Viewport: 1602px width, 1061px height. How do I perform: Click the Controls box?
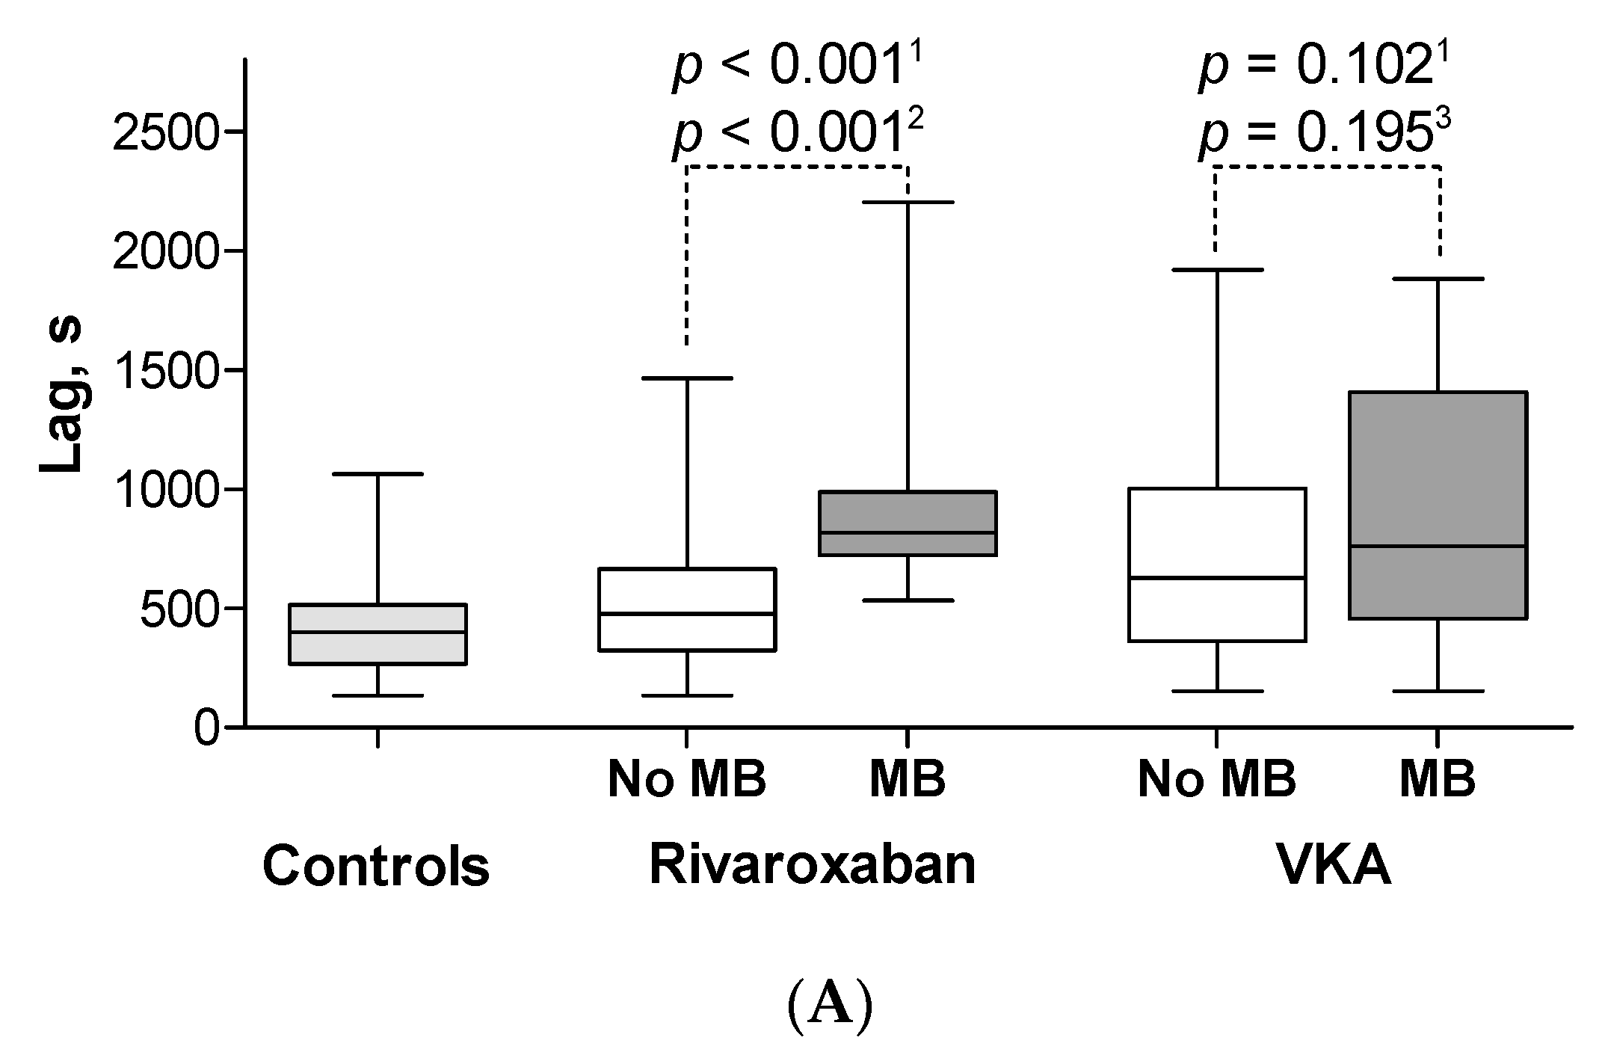pyautogui.click(x=378, y=634)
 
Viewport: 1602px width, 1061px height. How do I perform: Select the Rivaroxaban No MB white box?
pyautogui.click(x=686, y=609)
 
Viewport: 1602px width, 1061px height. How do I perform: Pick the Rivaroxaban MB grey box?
pyautogui.click(x=908, y=523)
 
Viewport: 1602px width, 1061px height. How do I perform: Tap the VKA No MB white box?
pyautogui.click(x=1217, y=565)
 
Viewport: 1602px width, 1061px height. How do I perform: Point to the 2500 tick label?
pyautogui.click(x=166, y=132)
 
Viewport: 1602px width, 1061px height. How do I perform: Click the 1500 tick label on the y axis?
pyautogui.click(x=166, y=371)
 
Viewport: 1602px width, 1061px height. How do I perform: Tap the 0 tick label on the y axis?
pyautogui.click(x=207, y=728)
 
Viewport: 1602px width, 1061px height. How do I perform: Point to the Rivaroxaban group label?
pyautogui.click(x=813, y=864)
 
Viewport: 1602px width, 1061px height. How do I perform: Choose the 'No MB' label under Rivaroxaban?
pyautogui.click(x=687, y=779)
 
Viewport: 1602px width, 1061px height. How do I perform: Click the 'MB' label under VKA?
pyautogui.click(x=1437, y=779)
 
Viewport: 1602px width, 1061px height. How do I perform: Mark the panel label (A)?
pyautogui.click(x=830, y=1006)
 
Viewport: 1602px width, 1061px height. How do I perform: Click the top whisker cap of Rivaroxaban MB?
pyautogui.click(x=908, y=202)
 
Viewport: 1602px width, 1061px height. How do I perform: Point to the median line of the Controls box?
pyautogui.click(x=378, y=632)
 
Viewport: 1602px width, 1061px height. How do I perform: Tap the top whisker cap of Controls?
pyautogui.click(x=378, y=474)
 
